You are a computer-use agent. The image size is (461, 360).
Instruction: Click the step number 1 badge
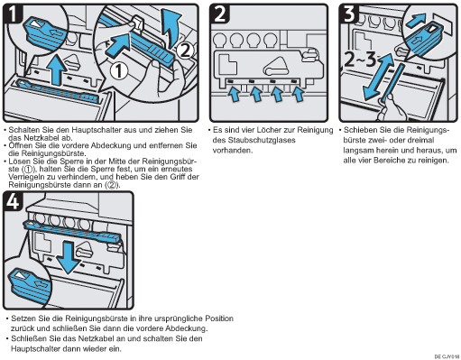[x=13, y=14]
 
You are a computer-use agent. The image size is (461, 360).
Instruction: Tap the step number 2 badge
[x=220, y=14]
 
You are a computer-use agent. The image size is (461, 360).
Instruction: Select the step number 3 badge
[x=349, y=14]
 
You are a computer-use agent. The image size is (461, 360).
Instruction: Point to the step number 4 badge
[x=13, y=200]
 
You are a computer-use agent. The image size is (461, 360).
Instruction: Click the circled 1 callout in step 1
[x=119, y=71]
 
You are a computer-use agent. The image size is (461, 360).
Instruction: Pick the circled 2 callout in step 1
[x=185, y=51]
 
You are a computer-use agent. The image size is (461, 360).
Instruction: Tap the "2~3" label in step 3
[x=360, y=60]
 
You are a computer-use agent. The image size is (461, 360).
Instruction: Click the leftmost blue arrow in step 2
[x=235, y=94]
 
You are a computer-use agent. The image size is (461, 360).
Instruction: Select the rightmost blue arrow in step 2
[x=298, y=94]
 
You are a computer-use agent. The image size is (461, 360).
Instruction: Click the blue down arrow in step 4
[x=69, y=258]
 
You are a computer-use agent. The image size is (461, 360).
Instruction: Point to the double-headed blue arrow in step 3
[x=378, y=77]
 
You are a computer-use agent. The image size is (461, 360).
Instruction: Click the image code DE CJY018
[x=447, y=356]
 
